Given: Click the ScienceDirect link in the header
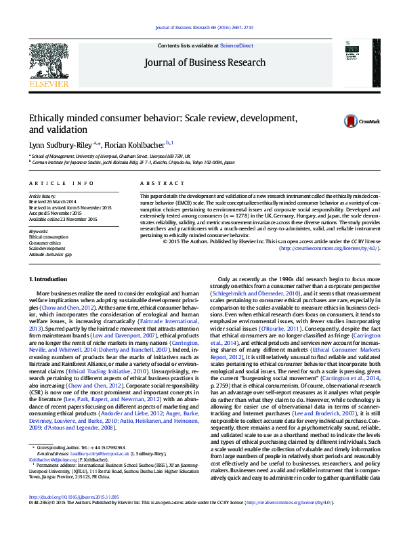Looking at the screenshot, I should tap(238, 45).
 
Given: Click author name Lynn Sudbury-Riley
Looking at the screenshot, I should tap(60, 144).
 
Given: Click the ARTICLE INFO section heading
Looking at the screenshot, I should tap(60, 184).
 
